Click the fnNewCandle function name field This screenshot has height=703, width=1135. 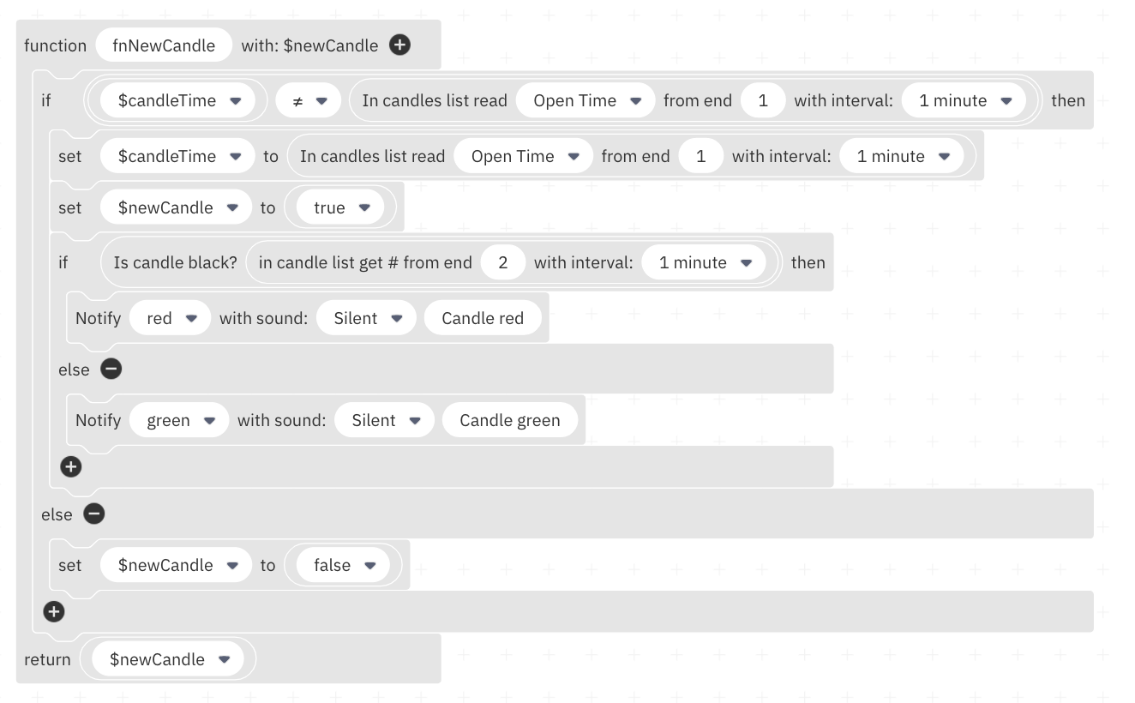pyautogui.click(x=164, y=45)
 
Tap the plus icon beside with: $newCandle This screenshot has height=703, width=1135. pyautogui.click(x=399, y=45)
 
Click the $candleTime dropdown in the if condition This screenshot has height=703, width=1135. pyautogui.click(x=178, y=100)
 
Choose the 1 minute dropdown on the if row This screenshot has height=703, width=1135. pyautogui.click(x=964, y=100)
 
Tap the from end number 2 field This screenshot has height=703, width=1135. pyautogui.click(x=502, y=262)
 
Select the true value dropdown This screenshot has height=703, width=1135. pyautogui.click(x=340, y=207)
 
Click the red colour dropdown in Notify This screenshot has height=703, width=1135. pyautogui.click(x=171, y=318)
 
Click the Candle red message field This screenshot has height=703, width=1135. pyautogui.click(x=483, y=318)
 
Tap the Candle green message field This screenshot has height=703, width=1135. pyautogui.click(x=510, y=420)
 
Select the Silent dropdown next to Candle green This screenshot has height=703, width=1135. pyautogui.click(x=385, y=420)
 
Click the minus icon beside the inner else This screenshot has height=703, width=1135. pyautogui.click(x=111, y=369)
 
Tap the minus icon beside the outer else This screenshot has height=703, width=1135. pyautogui.click(x=93, y=514)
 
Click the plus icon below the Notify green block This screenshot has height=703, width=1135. pyautogui.click(x=71, y=466)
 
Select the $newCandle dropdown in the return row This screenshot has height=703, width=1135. pyautogui.click(x=168, y=659)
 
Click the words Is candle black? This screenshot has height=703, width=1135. pyautogui.click(x=175, y=262)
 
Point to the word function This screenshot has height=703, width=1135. pyautogui.click(x=56, y=45)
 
